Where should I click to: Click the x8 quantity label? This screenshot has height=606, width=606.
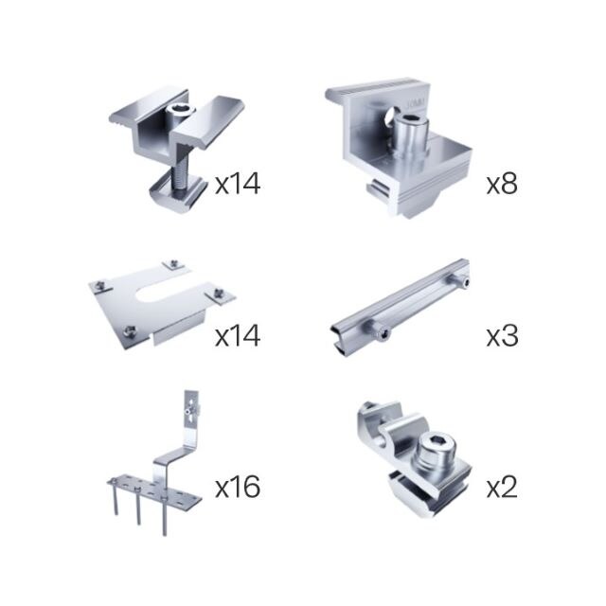(x=502, y=184)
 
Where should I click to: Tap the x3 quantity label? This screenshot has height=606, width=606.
(x=502, y=335)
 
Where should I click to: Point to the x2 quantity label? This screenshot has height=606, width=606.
(x=502, y=487)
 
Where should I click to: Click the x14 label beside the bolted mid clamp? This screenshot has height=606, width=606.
(x=238, y=184)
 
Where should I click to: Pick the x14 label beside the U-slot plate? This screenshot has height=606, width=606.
(x=238, y=335)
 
